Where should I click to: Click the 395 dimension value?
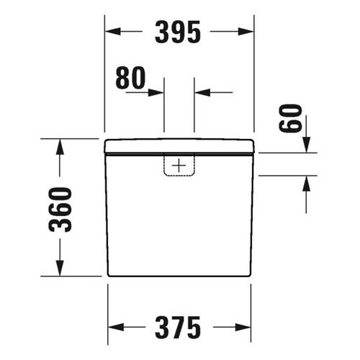179,32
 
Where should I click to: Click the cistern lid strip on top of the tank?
179,146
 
